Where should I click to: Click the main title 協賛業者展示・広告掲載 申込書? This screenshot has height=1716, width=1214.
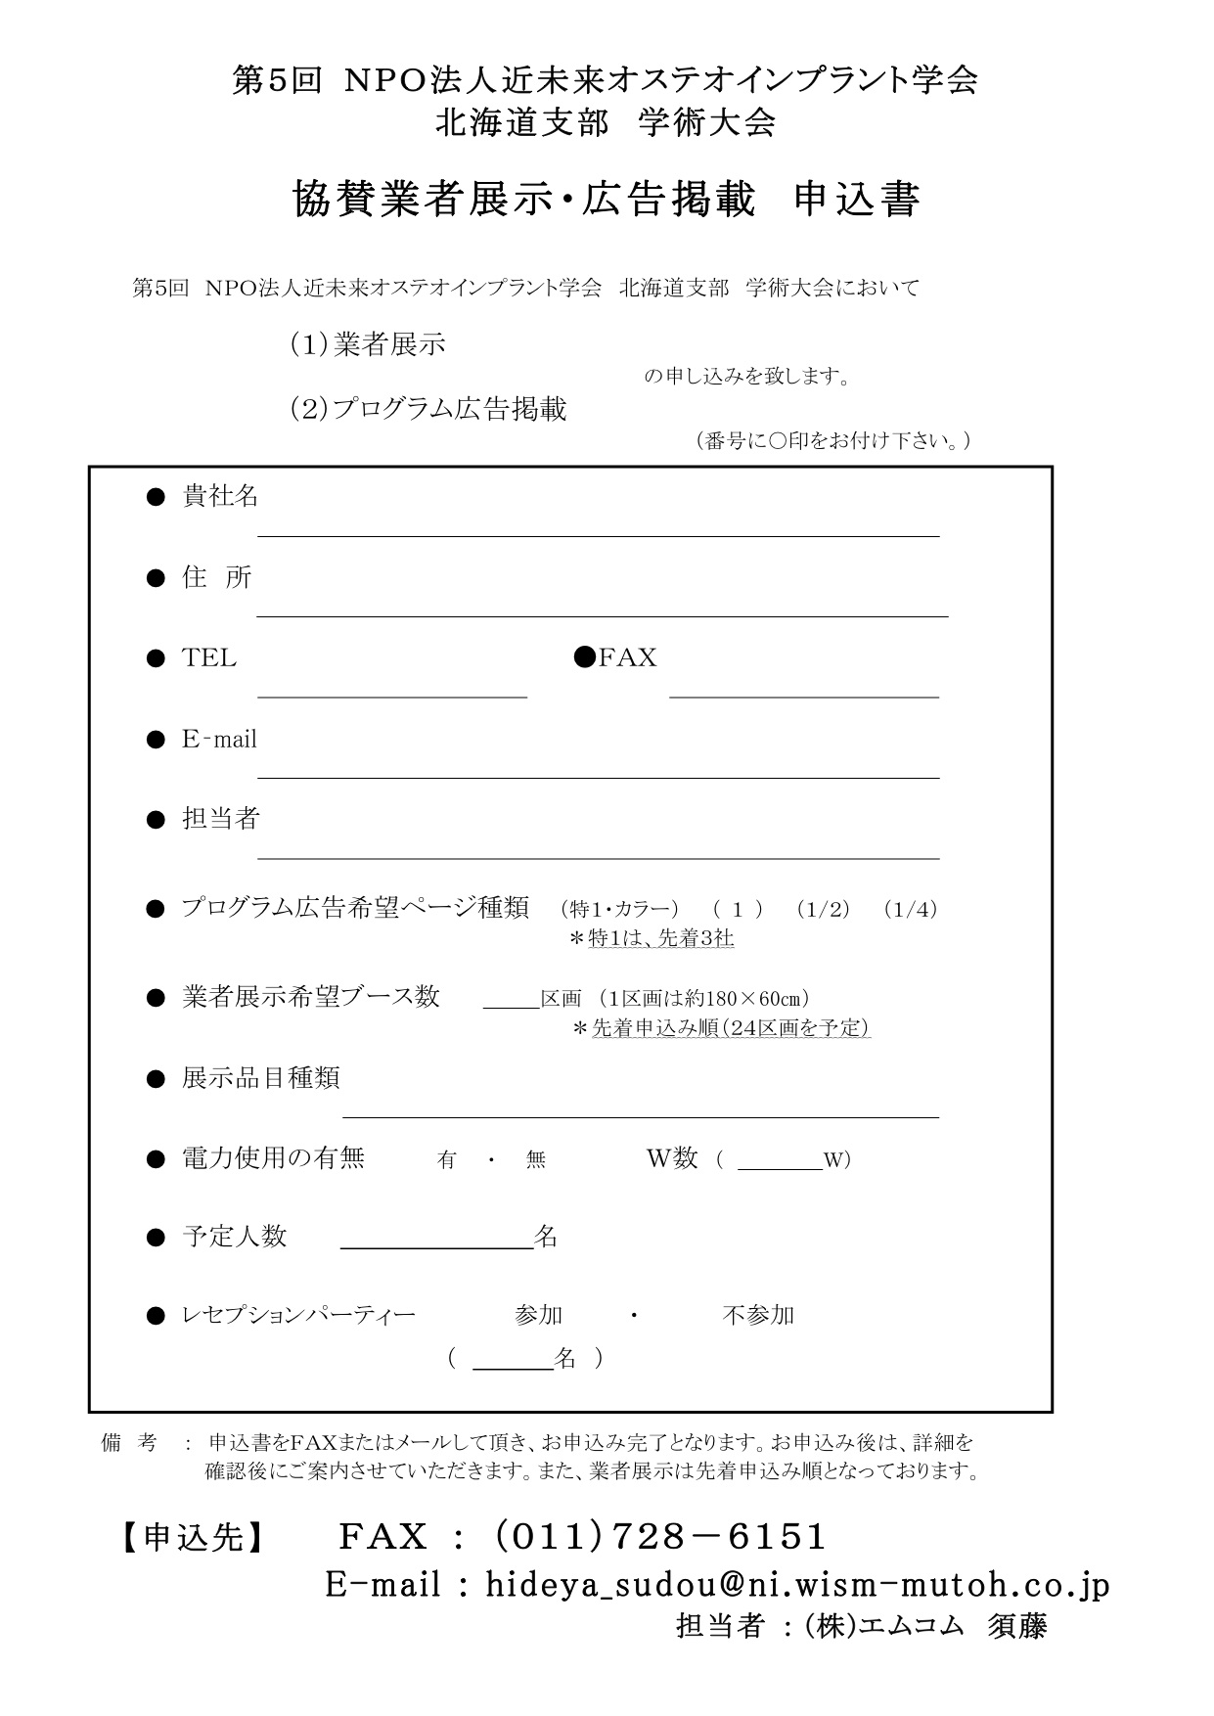pyautogui.click(x=606, y=200)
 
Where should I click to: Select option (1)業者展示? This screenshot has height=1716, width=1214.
pyautogui.click(x=368, y=344)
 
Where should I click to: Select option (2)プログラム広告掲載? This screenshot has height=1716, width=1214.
pyautogui.click(x=428, y=408)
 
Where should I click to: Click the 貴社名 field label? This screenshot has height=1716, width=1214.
pyautogui.click(x=220, y=496)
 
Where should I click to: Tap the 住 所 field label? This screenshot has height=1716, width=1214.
pyautogui.click(x=217, y=577)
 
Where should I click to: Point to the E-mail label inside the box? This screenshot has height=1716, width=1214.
pyautogui.click(x=219, y=739)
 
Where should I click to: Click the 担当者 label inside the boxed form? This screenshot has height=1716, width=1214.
pyautogui.click(x=220, y=818)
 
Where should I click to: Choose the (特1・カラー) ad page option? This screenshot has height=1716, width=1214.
pyautogui.click(x=619, y=909)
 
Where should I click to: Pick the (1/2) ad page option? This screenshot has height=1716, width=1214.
pyautogui.click(x=823, y=909)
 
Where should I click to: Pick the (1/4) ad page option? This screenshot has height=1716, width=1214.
pyautogui.click(x=910, y=909)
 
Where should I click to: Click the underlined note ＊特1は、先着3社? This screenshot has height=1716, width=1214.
pyautogui.click(x=652, y=938)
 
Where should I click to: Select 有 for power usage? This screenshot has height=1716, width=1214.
pyautogui.click(x=447, y=1160)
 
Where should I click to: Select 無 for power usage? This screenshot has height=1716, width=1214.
pyautogui.click(x=535, y=1160)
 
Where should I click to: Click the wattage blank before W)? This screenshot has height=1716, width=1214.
pyautogui.click(x=779, y=1162)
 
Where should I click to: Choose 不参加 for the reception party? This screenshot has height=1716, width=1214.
pyautogui.click(x=758, y=1315)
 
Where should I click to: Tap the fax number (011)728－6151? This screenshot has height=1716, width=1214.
pyautogui.click(x=660, y=1536)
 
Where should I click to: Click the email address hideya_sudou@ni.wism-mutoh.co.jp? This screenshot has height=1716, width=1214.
pyautogui.click(x=797, y=1584)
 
